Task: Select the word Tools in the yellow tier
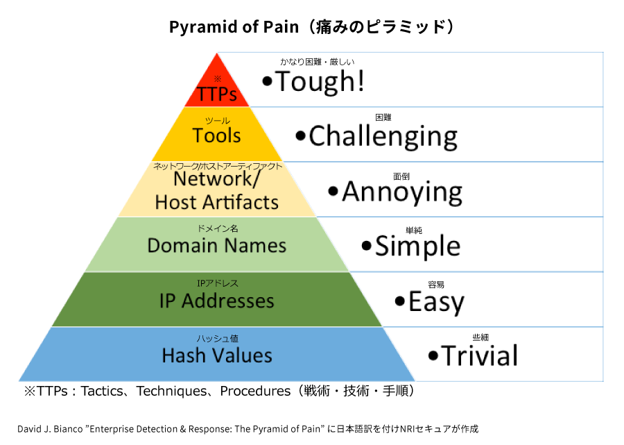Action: click(x=217, y=135)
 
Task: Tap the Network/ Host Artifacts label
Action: click(x=217, y=190)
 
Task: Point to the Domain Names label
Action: click(x=217, y=246)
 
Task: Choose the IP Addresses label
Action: click(x=217, y=301)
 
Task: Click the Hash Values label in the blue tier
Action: click(x=217, y=355)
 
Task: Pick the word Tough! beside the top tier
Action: click(x=320, y=82)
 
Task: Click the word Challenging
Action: click(x=383, y=136)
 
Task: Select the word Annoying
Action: click(x=402, y=192)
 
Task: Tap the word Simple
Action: click(x=417, y=246)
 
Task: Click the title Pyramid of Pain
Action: click(x=237, y=27)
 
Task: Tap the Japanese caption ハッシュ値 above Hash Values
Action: click(x=217, y=338)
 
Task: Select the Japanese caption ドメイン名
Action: click(x=217, y=228)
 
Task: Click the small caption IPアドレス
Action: click(x=217, y=283)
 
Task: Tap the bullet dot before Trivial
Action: click(x=433, y=356)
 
